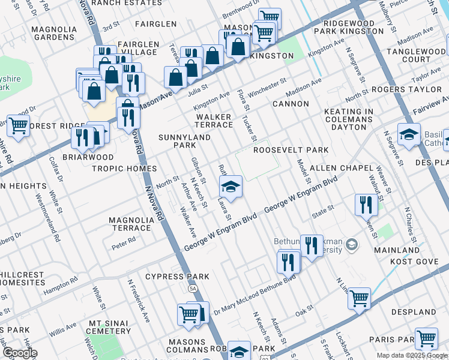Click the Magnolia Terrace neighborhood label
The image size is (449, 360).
point(130,224)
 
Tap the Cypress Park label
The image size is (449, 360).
point(178,277)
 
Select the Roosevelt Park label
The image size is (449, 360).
point(291,150)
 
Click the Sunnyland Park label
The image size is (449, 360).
point(177,141)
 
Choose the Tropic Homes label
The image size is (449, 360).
point(124,169)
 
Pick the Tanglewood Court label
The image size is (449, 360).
point(409,56)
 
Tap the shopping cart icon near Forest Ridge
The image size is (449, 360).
point(19,126)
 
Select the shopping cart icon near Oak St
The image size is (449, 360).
point(359,298)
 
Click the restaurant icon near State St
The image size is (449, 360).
point(366,205)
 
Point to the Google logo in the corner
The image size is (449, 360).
point(19,353)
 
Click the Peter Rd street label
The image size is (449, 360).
point(124,243)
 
